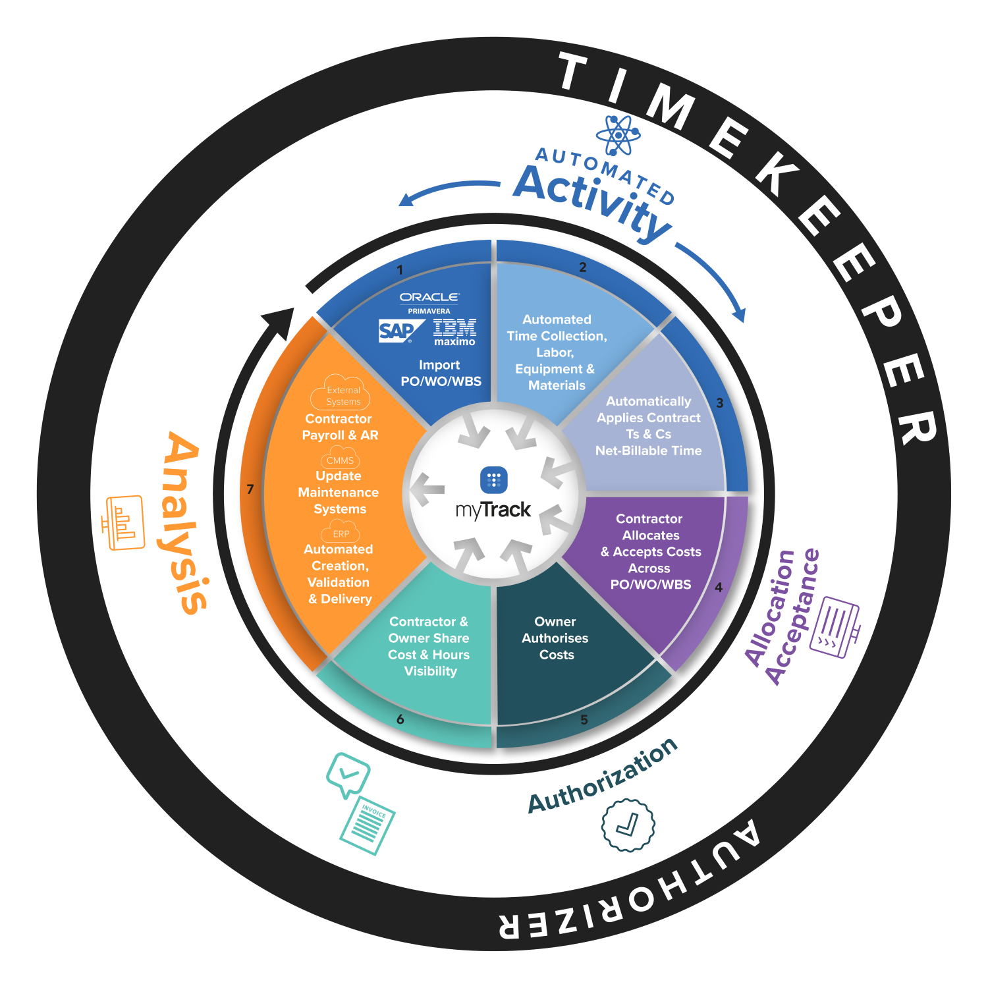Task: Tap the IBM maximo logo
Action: [454, 332]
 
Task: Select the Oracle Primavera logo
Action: [429, 302]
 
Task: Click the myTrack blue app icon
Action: [494, 480]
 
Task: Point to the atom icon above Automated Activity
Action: [618, 135]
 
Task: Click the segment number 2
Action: [582, 267]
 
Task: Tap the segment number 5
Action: [584, 720]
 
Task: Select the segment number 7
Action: [250, 489]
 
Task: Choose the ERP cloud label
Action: [341, 532]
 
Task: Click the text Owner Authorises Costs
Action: [555, 638]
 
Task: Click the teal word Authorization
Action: [603, 775]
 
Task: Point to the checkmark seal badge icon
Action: [628, 825]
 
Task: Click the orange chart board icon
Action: [123, 522]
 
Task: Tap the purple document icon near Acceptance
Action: [834, 626]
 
